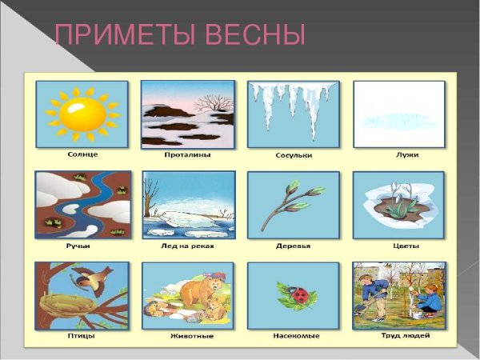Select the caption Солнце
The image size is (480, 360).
tap(82, 154)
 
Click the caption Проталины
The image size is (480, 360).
tap(189, 154)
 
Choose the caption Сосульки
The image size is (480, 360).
tap(294, 154)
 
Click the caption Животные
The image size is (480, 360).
tap(189, 336)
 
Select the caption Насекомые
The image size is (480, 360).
tap(294, 336)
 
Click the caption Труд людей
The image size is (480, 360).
tap(399, 336)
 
